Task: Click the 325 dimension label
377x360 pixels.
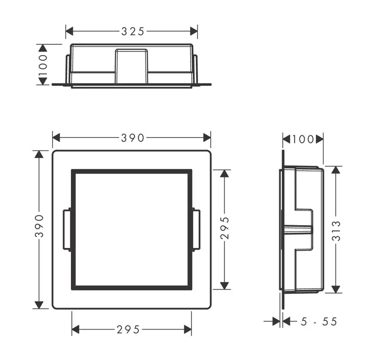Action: pos(133,31)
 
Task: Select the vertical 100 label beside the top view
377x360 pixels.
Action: pos(43,64)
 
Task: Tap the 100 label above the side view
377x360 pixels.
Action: pos(303,139)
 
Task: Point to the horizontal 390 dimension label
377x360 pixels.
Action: pos(133,138)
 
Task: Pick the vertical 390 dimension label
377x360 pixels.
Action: pos(39,226)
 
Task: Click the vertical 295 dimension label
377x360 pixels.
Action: pos(225,228)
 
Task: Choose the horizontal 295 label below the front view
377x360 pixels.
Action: pos(128,329)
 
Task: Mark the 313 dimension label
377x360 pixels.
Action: pos(336,231)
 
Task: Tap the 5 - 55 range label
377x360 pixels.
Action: pos(319,321)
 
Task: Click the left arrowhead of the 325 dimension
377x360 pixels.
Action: pos(69,31)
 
